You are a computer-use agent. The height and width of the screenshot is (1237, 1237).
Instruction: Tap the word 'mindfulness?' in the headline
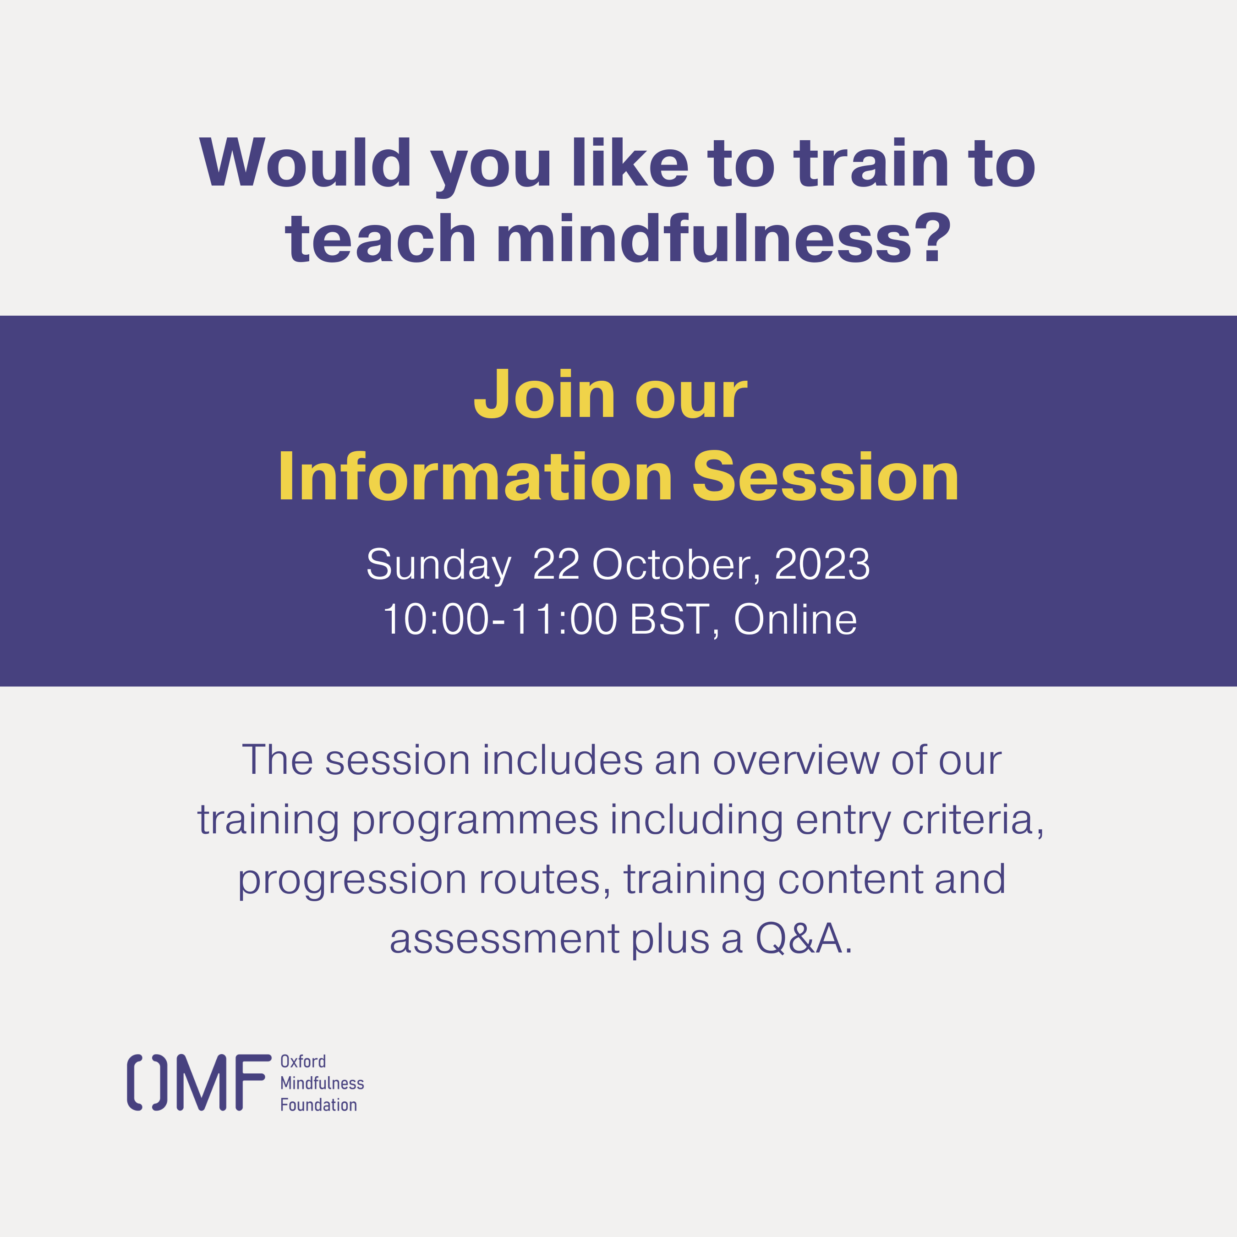[x=723, y=238]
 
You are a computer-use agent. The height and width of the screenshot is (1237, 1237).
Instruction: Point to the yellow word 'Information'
[x=475, y=476]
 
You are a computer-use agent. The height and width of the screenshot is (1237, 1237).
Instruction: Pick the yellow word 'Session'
[x=826, y=476]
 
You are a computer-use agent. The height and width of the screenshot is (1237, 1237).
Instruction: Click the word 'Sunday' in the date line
[x=438, y=565]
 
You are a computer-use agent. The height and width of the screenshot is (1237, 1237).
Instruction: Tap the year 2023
[x=822, y=564]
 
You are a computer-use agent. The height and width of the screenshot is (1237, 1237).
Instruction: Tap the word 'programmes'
[x=475, y=821]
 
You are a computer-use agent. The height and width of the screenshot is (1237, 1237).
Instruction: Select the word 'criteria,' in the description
[x=973, y=820]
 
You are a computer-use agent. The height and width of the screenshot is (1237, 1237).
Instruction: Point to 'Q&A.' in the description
[x=804, y=939]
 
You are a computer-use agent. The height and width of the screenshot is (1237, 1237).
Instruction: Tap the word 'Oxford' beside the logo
[x=303, y=1061]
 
